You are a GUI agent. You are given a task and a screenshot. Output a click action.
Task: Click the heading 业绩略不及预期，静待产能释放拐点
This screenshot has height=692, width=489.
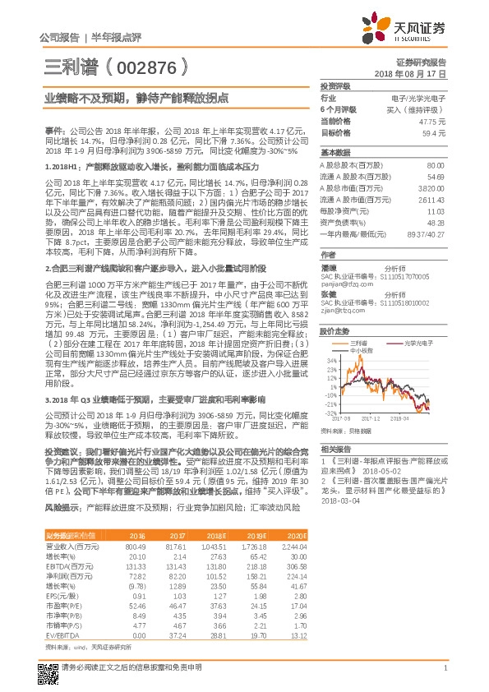pyautogui.click(x=136, y=97)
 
